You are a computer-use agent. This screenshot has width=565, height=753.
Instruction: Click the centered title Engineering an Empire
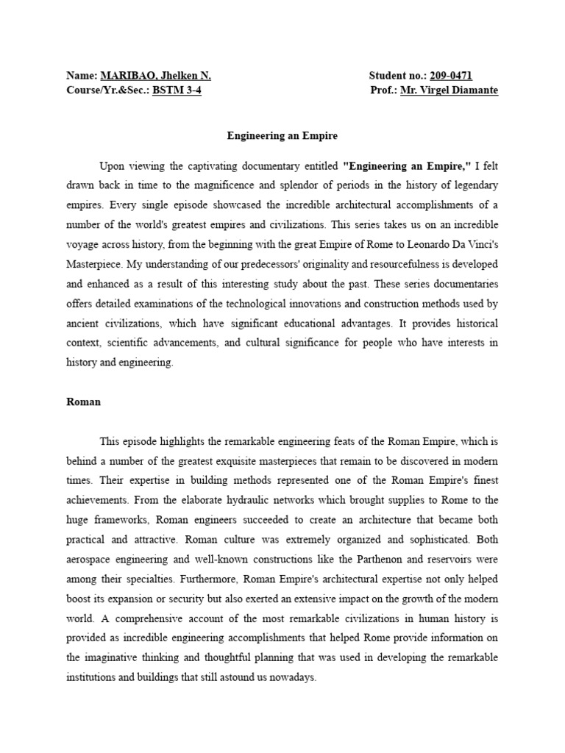click(282, 136)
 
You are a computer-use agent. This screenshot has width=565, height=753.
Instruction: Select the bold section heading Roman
click(83, 402)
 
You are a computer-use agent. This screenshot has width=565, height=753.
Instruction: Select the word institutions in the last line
click(93, 678)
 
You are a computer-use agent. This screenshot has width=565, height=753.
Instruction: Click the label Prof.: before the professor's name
click(385, 90)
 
